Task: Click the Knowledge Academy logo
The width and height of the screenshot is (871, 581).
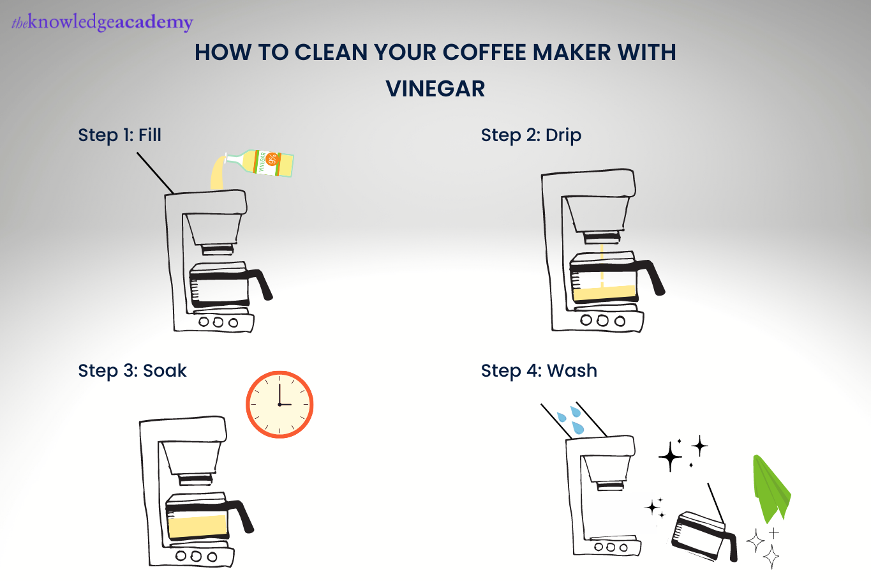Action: click(102, 22)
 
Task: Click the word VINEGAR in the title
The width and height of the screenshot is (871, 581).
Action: click(435, 89)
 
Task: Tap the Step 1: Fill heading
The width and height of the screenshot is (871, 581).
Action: click(119, 135)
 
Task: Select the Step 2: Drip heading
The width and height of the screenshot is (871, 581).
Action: click(531, 135)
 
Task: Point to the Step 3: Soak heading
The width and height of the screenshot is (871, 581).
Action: click(132, 370)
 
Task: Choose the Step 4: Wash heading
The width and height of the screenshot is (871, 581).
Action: click(539, 370)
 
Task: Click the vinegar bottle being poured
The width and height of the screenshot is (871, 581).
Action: click(260, 163)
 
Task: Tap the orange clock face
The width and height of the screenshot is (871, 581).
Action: click(279, 405)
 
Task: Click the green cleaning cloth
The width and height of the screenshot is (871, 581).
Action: click(770, 489)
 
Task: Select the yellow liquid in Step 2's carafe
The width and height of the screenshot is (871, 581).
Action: click(604, 293)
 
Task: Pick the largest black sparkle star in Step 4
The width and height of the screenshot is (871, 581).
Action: click(670, 456)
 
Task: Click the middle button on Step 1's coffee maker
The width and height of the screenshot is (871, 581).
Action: click(218, 322)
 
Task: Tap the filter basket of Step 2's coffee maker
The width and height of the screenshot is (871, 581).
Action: click(597, 215)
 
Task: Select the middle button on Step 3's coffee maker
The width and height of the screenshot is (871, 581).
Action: click(196, 557)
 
